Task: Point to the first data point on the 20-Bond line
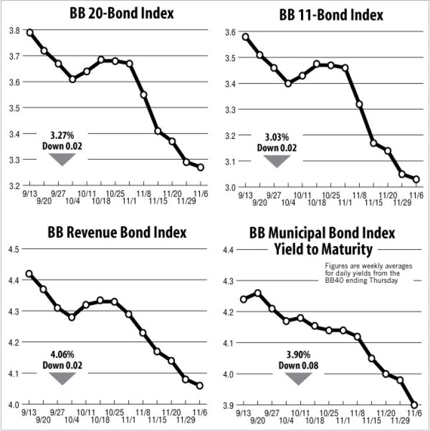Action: [x=29, y=33]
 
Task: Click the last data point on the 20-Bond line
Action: [x=200, y=167]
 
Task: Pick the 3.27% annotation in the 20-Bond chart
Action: [x=62, y=137]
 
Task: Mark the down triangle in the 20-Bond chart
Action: [x=62, y=159]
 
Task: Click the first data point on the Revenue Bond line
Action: [x=29, y=274]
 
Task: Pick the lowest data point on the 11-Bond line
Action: [x=416, y=179]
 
